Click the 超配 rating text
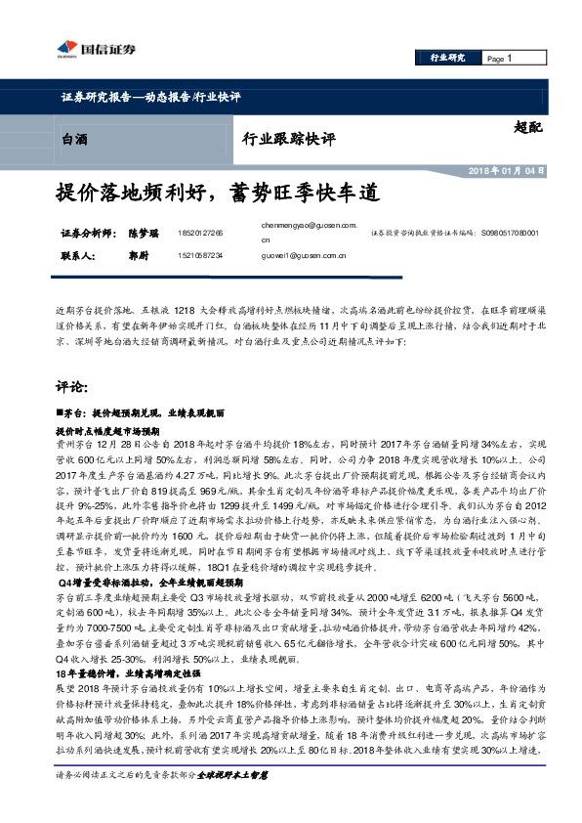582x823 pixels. tap(526, 127)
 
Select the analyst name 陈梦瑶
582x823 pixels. tap(145, 235)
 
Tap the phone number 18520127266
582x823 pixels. tap(201, 235)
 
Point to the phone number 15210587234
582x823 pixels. tap(201, 255)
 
